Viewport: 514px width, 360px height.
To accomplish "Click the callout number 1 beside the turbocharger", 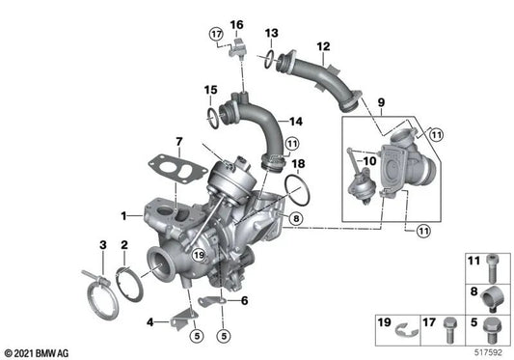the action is (x=123, y=216).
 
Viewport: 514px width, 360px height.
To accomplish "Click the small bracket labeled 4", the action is (x=184, y=318).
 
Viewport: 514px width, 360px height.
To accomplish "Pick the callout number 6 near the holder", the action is (x=245, y=300).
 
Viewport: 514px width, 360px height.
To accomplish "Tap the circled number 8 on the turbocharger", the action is (x=296, y=218).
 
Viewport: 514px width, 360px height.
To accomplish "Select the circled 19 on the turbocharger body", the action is (x=199, y=255).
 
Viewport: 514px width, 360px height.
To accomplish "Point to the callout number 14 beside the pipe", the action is (x=296, y=122).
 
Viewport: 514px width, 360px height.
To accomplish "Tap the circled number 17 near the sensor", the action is (x=216, y=34).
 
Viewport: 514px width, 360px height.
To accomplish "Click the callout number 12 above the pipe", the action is (x=323, y=46).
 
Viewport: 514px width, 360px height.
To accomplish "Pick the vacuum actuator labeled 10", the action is (x=359, y=185).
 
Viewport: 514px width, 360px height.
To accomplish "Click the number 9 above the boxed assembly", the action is (x=381, y=102).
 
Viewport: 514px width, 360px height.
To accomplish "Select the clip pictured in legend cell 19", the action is (x=407, y=330).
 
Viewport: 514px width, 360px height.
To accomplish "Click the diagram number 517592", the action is (x=488, y=353).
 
